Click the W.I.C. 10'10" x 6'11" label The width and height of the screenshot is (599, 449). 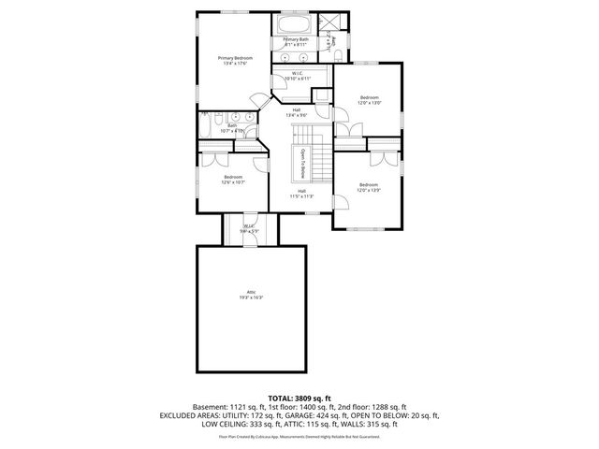[297, 76]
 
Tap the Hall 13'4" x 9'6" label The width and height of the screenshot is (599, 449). [297, 113]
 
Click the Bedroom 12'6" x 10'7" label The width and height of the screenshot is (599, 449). [232, 180]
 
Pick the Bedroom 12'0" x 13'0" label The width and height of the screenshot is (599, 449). [370, 100]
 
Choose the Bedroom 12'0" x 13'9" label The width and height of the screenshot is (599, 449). [368, 187]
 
